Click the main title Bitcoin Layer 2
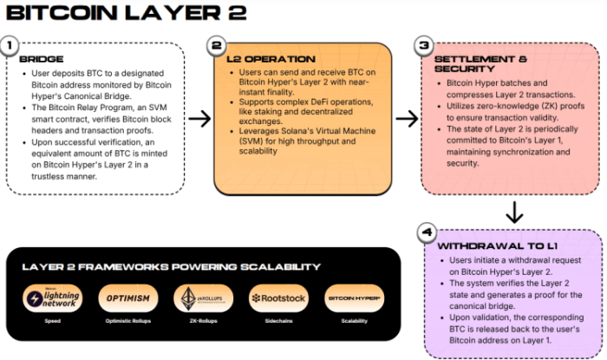click(x=127, y=13)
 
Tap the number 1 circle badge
click(x=10, y=44)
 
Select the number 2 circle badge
click(x=217, y=44)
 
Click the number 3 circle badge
click(x=423, y=44)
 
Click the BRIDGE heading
click(x=42, y=59)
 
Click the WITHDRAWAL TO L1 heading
click(x=486, y=246)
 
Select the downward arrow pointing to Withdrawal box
click(x=513, y=211)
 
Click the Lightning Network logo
click(x=53, y=298)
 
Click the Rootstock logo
click(x=277, y=298)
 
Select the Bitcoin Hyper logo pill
click(x=353, y=298)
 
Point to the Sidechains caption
click(x=277, y=320)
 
